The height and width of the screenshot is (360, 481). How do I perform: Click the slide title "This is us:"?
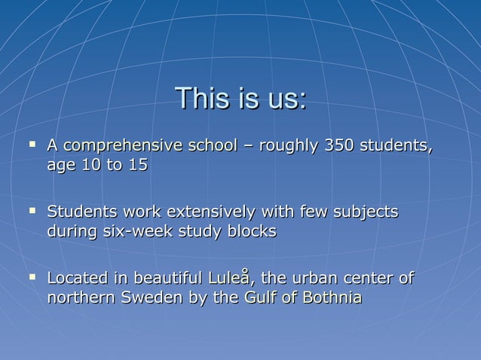240,99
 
